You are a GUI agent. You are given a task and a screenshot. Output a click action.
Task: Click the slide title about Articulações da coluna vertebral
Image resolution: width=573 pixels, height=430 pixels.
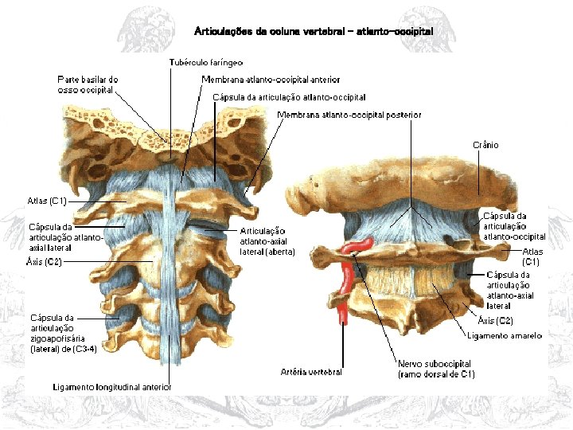(314, 31)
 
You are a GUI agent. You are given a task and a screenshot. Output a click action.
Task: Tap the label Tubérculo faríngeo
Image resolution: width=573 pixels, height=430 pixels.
(205, 62)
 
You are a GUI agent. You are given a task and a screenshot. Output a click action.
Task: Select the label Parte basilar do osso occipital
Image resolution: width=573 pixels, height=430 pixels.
(88, 84)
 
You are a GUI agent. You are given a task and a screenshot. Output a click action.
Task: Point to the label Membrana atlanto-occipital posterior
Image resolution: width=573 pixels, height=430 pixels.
(349, 115)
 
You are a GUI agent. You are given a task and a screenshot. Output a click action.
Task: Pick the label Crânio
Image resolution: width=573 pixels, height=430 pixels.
(485, 145)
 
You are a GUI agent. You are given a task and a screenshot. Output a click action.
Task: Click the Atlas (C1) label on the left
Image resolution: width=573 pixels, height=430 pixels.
(47, 200)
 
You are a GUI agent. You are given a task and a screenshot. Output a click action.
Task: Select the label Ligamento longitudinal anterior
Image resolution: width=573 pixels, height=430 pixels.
(112, 387)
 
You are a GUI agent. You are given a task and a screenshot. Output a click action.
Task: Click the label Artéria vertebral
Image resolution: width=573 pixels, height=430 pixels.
(311, 372)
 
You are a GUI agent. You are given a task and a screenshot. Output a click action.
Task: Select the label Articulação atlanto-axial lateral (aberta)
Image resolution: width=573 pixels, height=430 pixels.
(267, 240)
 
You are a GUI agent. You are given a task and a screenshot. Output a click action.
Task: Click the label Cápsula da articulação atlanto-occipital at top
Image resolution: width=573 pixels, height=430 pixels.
(290, 97)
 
